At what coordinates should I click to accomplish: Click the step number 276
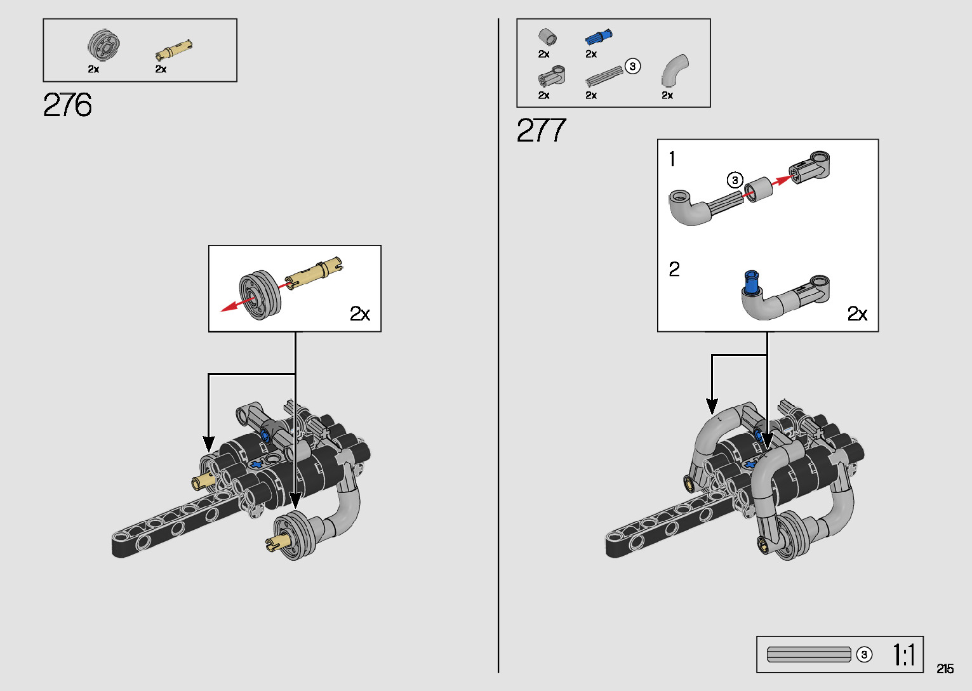[67, 105]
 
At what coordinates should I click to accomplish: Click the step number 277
[541, 131]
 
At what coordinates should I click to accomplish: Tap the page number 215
[945, 669]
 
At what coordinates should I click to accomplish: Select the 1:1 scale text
[903, 655]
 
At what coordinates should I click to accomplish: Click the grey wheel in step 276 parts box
[103, 45]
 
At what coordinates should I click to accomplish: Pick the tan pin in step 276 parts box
[173, 49]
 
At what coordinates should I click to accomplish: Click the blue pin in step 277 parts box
[598, 37]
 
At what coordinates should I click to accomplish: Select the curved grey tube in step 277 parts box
[674, 70]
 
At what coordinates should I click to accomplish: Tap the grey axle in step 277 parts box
[604, 77]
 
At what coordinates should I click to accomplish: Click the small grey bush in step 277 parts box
[547, 37]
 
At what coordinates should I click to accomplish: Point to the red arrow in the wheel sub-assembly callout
[235, 305]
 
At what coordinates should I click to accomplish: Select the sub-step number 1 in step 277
[672, 159]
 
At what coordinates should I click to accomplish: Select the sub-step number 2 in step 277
[674, 270]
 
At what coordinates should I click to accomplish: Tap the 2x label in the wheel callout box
[359, 313]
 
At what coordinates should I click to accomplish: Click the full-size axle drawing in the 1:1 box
[808, 654]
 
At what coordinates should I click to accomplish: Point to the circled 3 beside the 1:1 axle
[864, 654]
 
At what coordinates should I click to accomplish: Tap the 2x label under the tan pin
[161, 69]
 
